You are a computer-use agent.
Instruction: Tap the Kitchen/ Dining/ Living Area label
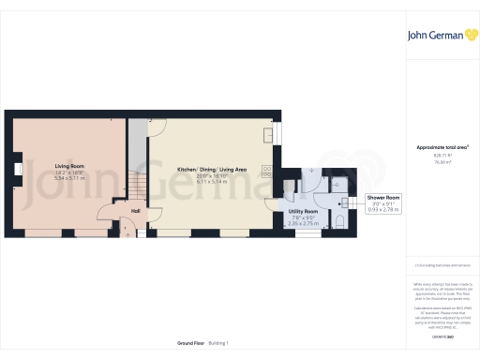pos(212,170)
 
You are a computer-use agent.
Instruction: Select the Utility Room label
pos(303,212)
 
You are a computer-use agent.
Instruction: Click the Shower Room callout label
pos(382,197)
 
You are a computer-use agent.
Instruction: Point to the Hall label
pos(136,211)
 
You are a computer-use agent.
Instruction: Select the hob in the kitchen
pos(268,172)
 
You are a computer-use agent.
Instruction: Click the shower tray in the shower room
pos(339,182)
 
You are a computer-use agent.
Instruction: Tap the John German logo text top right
pos(437,36)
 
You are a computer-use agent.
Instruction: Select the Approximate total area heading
pos(442,148)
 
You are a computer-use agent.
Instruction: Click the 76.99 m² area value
pos(442,161)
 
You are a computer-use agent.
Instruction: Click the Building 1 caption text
pos(217,343)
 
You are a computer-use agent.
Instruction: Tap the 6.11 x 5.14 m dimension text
pos(212,180)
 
